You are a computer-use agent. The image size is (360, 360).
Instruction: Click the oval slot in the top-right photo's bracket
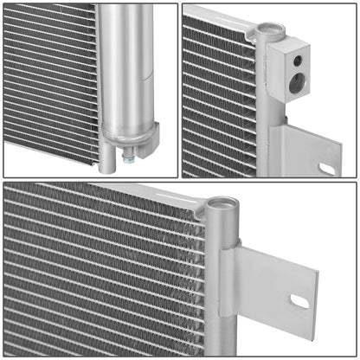[x=327, y=167]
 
